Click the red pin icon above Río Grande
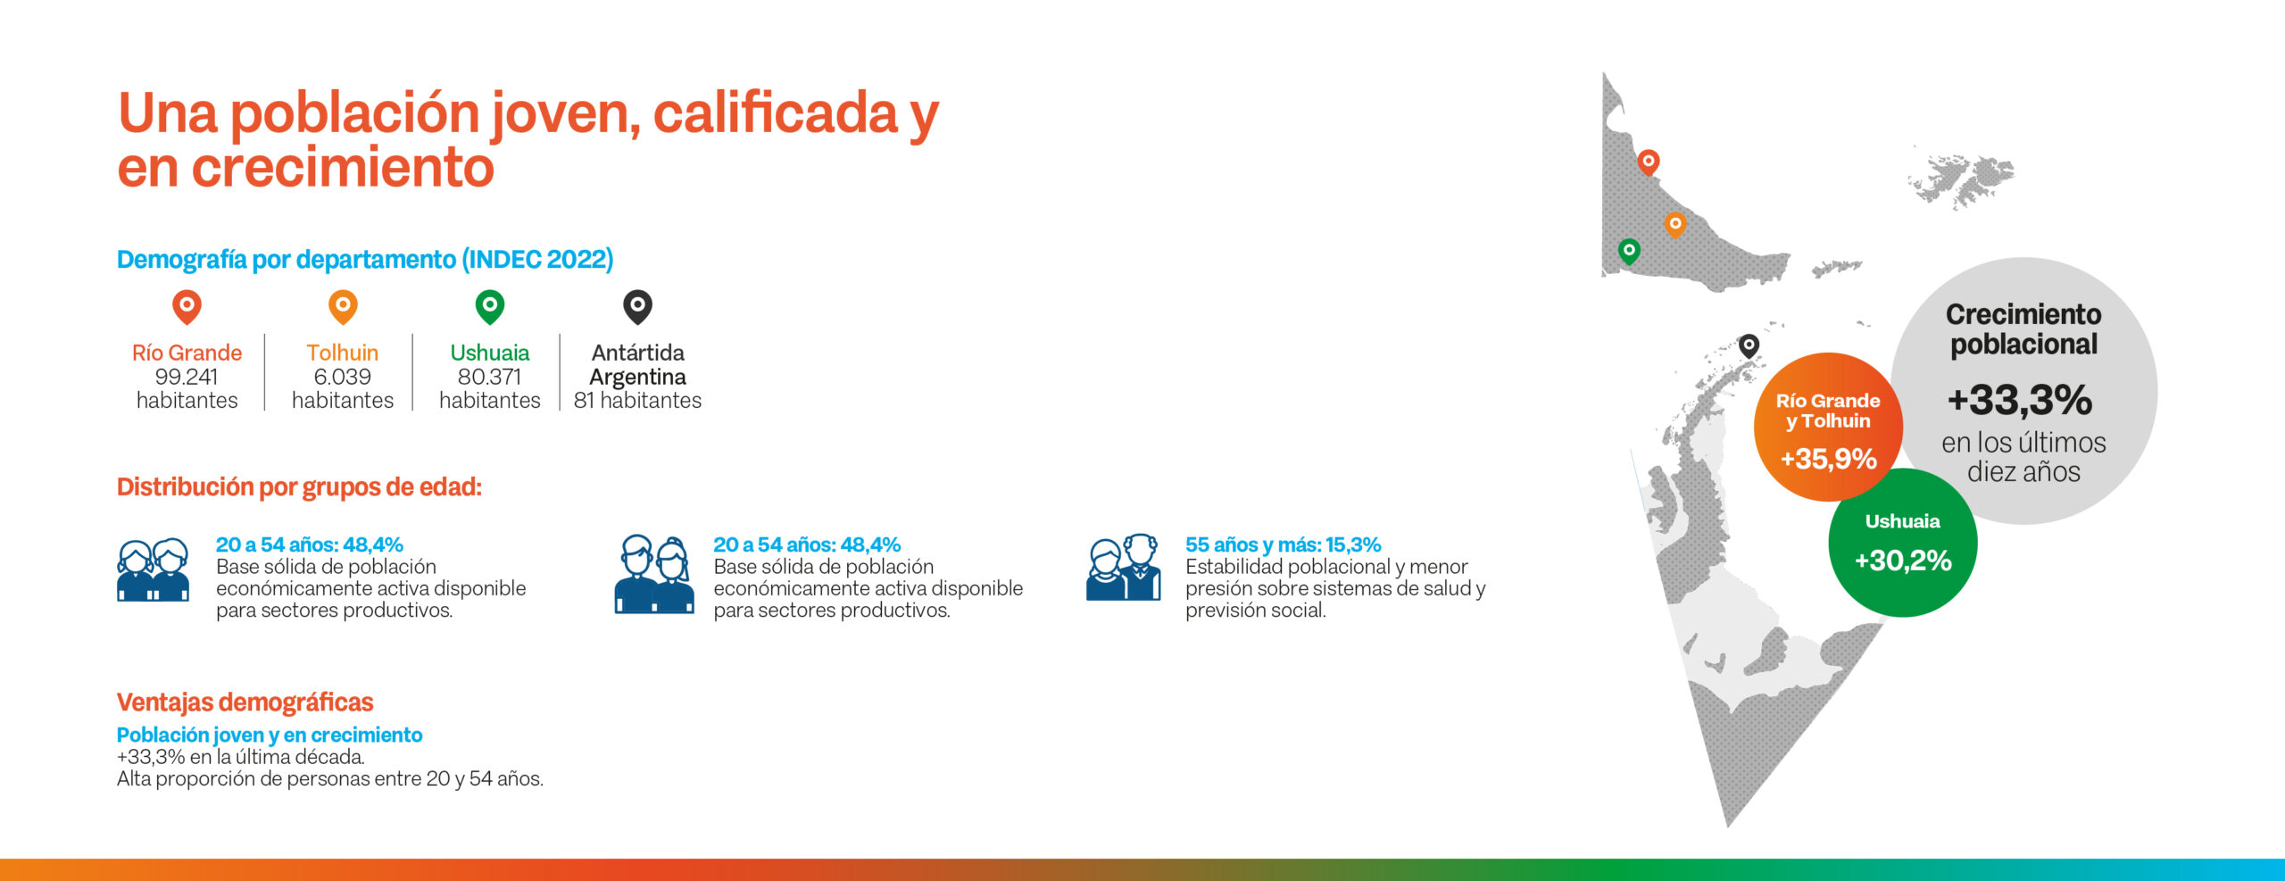tap(187, 307)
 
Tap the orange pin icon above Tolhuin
tap(343, 307)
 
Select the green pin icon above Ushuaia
tap(490, 307)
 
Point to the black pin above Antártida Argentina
tap(637, 307)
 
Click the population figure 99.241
tap(187, 377)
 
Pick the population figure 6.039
tap(343, 377)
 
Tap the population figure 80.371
tap(490, 377)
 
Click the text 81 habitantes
tap(637, 401)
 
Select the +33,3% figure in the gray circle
tap(2020, 400)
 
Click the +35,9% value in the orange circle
tap(1828, 459)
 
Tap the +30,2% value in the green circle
tap(1903, 561)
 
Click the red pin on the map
tap(1649, 162)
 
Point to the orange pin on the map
tap(1675, 224)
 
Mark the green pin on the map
tap(1629, 252)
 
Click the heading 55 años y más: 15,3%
tap(1283, 544)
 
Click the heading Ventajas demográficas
tap(245, 702)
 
